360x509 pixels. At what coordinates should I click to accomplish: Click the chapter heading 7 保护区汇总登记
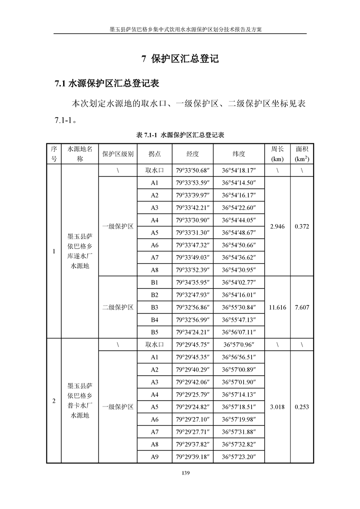coord(180,59)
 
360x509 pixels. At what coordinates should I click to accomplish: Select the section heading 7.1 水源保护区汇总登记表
coord(106,83)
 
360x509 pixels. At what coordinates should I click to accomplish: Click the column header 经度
coord(192,154)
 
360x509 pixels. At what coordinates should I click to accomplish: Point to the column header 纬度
coord(239,154)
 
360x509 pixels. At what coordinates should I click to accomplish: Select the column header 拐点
coord(154,154)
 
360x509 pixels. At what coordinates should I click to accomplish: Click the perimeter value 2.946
coord(277,226)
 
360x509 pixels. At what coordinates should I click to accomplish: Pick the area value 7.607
coord(302,307)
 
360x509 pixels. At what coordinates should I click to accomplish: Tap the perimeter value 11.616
coord(277,307)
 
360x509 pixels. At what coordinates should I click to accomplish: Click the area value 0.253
coord(302,407)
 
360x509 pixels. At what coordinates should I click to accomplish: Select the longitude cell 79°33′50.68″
coord(192,171)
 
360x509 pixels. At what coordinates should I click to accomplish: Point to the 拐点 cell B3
coord(154,307)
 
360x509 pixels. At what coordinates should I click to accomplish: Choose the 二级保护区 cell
coord(118,307)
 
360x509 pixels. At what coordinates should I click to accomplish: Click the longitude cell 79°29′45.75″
coord(192,345)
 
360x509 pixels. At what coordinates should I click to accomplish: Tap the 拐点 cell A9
coord(154,457)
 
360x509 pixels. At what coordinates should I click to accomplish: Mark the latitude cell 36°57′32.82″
coord(239,445)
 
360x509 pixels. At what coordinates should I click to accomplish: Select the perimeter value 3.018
coord(277,407)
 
